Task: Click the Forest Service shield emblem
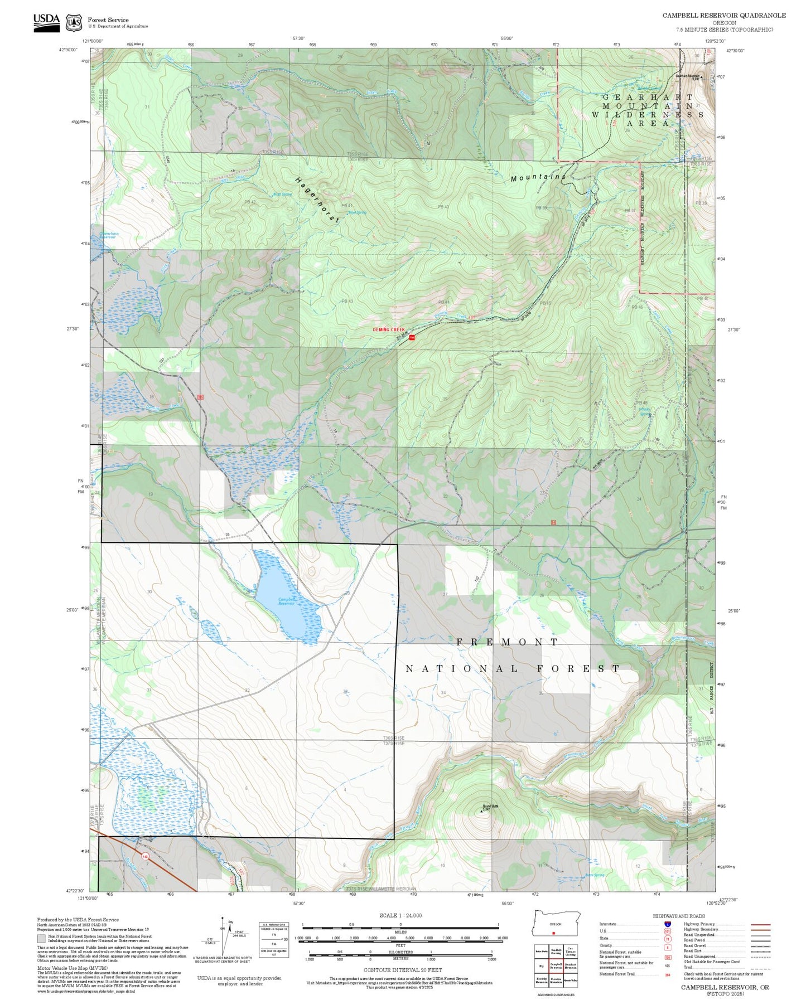coord(74,23)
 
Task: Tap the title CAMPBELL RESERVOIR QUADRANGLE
coord(723,16)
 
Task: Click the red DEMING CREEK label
coord(388,329)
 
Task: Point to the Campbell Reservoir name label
coord(286,601)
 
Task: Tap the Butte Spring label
coord(595,875)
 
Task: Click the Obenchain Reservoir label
coord(109,236)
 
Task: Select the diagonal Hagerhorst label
coord(317,200)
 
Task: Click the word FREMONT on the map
coord(507,642)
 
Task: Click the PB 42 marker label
coord(249,202)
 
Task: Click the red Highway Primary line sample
coord(760,924)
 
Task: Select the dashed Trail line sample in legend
coord(760,968)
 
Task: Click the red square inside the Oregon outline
coord(553,933)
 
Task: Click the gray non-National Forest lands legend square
coord(41,938)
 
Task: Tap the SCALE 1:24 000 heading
coord(400,915)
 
